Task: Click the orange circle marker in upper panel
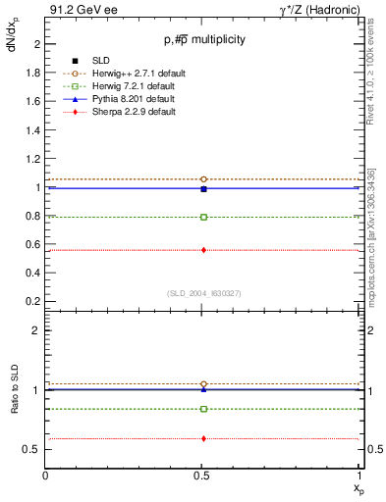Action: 203,179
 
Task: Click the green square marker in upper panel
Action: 203,217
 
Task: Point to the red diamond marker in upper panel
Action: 203,250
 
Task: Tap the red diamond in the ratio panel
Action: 203,438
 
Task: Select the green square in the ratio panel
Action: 203,409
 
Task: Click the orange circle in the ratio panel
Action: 203,384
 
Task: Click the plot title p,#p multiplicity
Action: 204,39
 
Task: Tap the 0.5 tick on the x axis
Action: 203,476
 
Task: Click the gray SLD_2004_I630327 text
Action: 204,292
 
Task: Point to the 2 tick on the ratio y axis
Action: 35,330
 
